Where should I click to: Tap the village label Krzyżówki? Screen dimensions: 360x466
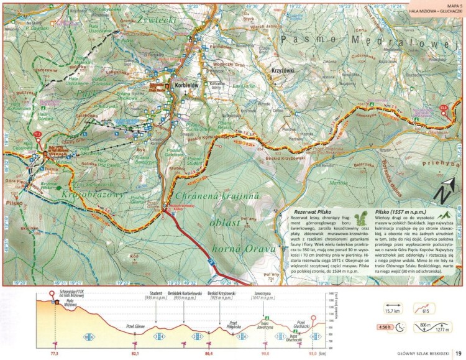[283, 72]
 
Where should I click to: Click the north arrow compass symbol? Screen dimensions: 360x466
[446, 192]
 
